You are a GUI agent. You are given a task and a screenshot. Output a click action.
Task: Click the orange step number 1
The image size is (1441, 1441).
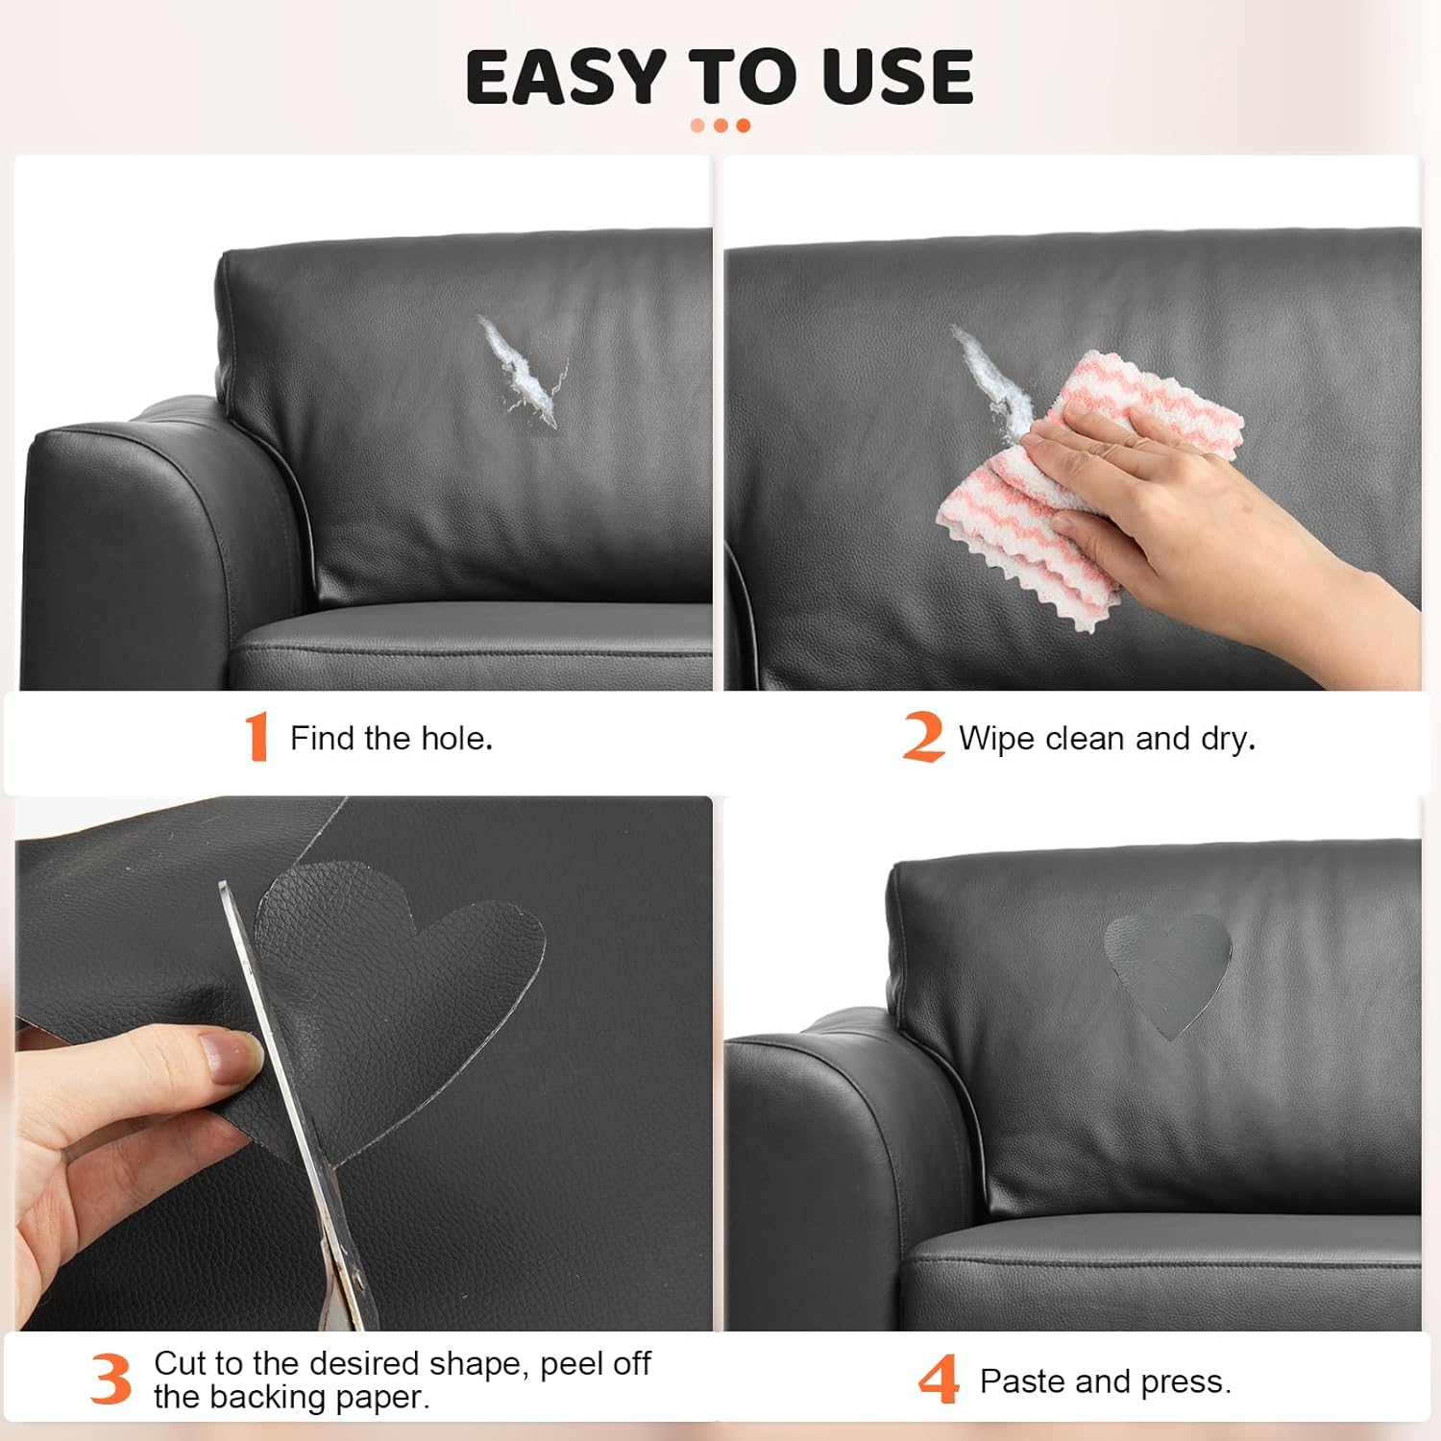point(256,737)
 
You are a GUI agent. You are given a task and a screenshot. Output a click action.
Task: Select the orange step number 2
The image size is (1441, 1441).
point(922,737)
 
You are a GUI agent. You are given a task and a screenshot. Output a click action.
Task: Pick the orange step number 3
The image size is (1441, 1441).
point(111,1380)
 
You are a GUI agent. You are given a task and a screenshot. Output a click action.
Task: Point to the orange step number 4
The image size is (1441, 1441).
point(939,1380)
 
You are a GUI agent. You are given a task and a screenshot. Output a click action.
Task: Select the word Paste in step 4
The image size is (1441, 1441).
point(1022,1381)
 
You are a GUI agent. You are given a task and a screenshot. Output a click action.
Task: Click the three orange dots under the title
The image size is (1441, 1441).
point(720,126)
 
